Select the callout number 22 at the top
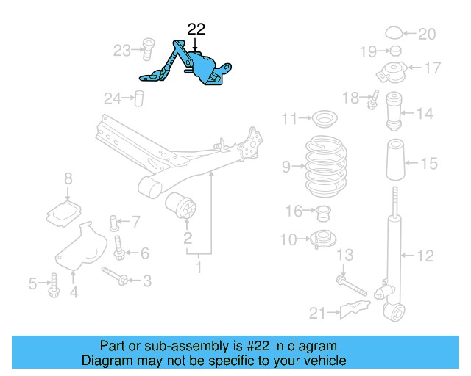(x=196, y=29)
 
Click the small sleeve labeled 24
(x=137, y=98)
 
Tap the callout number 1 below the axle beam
(x=197, y=267)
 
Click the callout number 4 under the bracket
(x=74, y=294)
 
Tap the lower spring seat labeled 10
(x=322, y=239)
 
